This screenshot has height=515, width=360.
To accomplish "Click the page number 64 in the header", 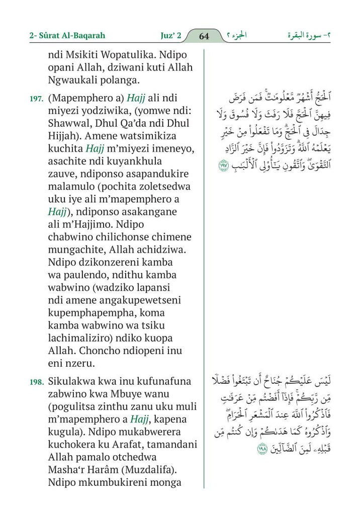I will point(204,36).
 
